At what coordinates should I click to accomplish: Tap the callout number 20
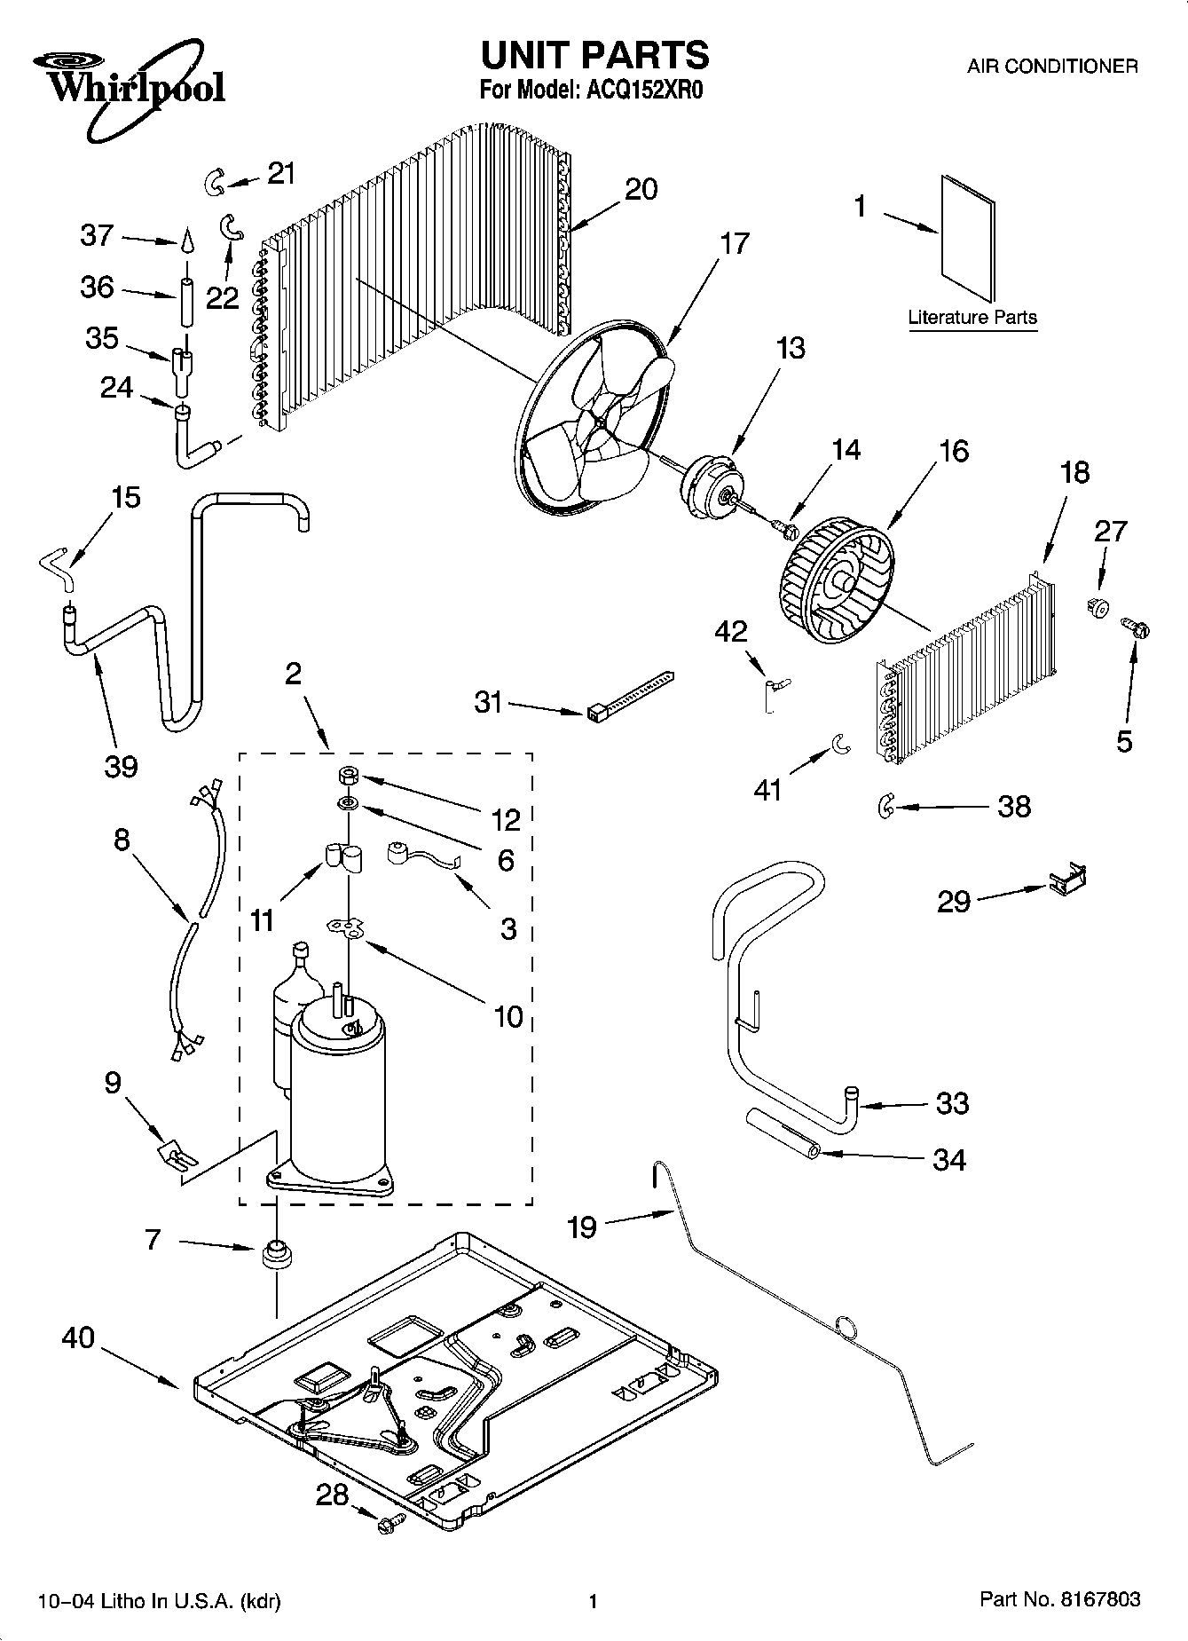coord(641,189)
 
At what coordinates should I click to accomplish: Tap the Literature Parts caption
coord(972,317)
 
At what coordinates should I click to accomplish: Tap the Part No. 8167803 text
coord(1059,1598)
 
